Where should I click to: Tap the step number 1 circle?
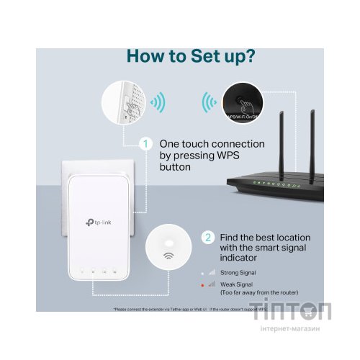[146, 144]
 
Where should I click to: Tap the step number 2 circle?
[208, 236]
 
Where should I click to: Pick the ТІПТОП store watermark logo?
[301, 316]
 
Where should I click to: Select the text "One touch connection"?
[212, 144]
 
